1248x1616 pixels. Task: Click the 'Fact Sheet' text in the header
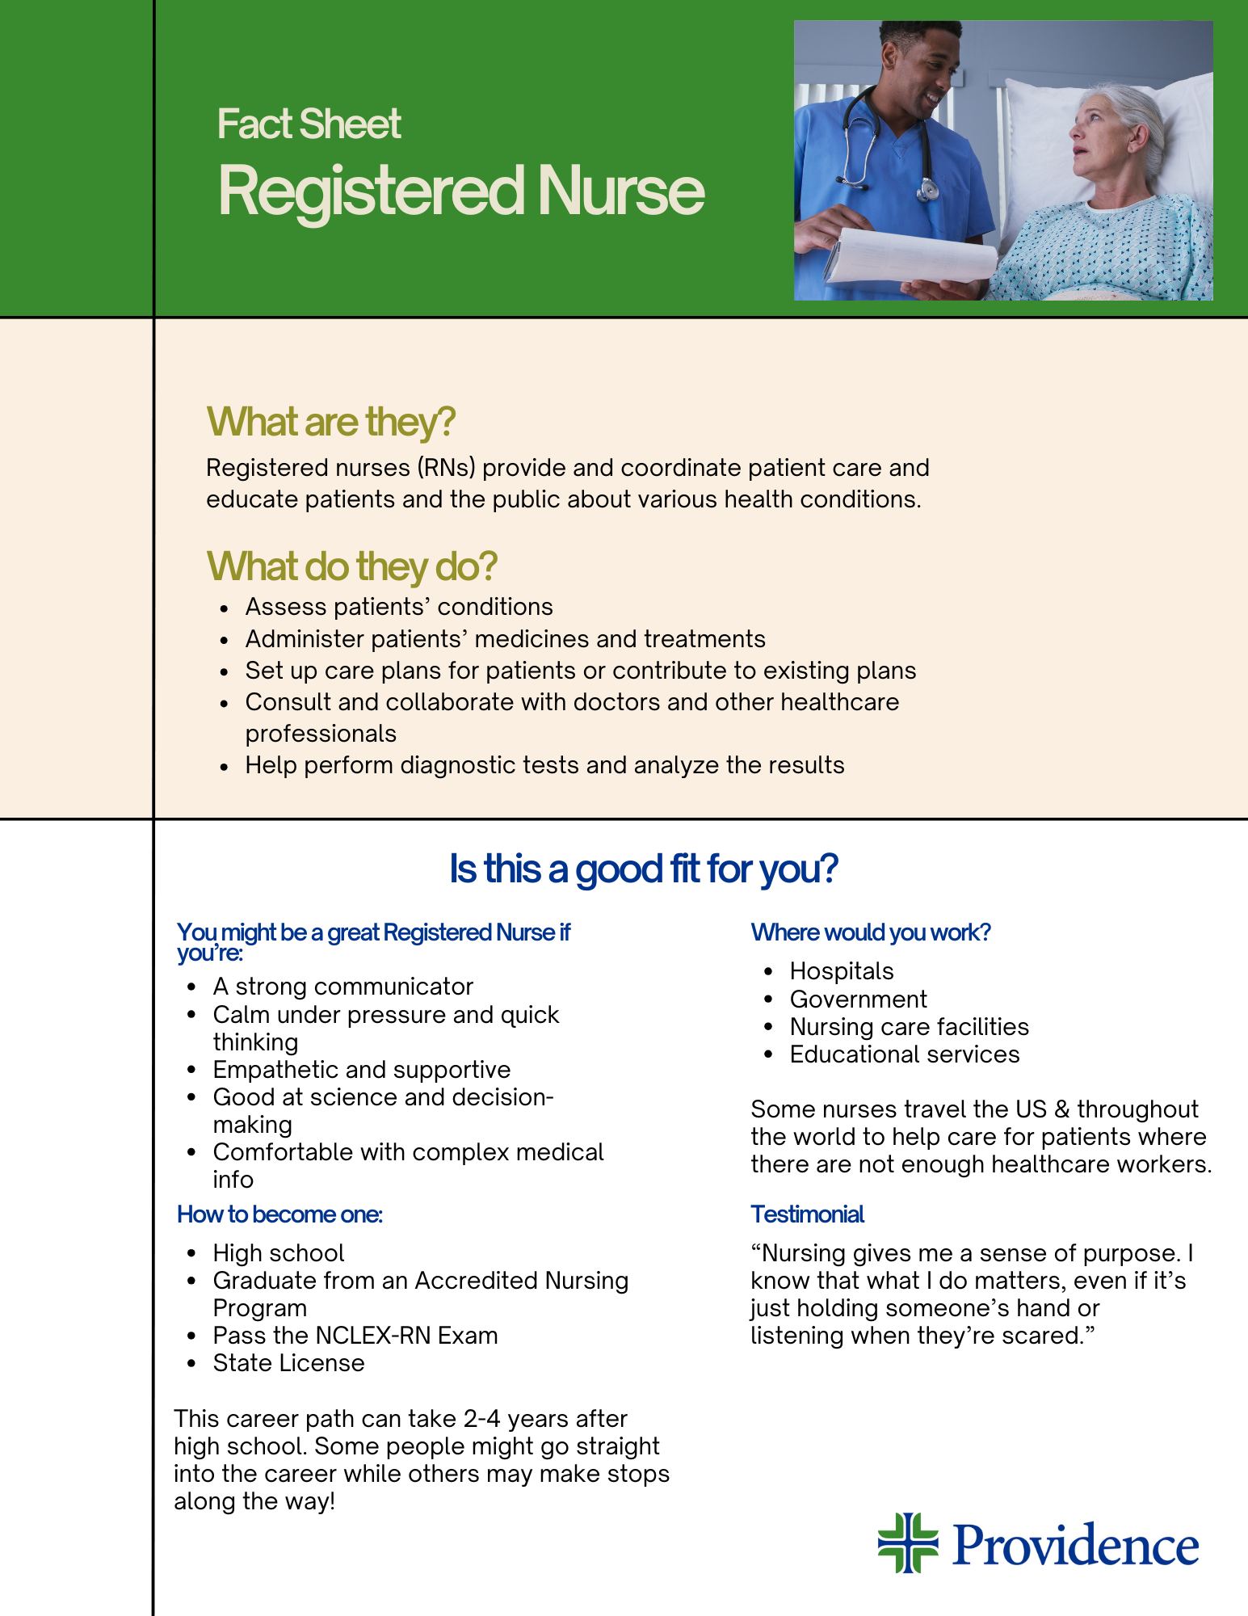click(x=309, y=124)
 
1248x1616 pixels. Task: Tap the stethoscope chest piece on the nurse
click(x=927, y=191)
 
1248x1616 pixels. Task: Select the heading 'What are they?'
click(x=331, y=422)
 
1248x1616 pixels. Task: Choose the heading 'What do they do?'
click(x=351, y=566)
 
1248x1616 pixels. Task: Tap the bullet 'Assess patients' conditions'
click(x=399, y=607)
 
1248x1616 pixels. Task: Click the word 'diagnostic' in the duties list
click(x=458, y=765)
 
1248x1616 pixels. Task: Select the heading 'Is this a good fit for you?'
click(x=643, y=869)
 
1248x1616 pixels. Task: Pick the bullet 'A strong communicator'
click(x=342, y=987)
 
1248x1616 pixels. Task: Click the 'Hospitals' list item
click(x=842, y=971)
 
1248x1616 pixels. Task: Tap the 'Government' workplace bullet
click(x=858, y=999)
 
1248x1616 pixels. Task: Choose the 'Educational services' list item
click(x=904, y=1054)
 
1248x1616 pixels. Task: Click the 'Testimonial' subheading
click(x=807, y=1214)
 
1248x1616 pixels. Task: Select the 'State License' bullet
click(x=288, y=1363)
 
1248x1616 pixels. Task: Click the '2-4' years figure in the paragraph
click(x=482, y=1419)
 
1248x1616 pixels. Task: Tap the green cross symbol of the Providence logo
click(x=908, y=1542)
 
